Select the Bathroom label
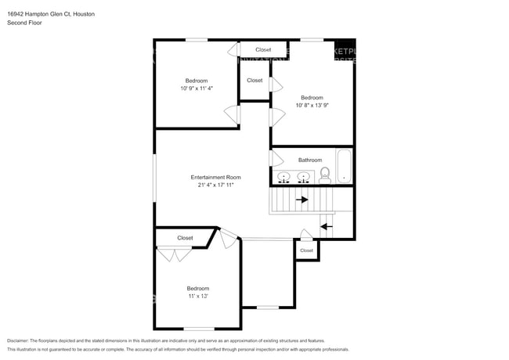point(310,160)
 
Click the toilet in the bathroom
point(325,176)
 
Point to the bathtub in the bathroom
point(344,165)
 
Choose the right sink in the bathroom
point(303,176)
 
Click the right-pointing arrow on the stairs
point(301,200)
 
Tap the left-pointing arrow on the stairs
point(326,227)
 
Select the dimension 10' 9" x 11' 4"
point(197,89)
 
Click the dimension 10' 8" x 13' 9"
point(312,105)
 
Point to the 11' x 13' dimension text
point(197,297)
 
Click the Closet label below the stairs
point(306,250)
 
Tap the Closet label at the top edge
point(263,49)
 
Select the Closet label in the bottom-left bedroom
point(185,238)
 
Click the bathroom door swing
point(276,159)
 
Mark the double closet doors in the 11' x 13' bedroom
point(174,254)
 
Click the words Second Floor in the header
point(25,23)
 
